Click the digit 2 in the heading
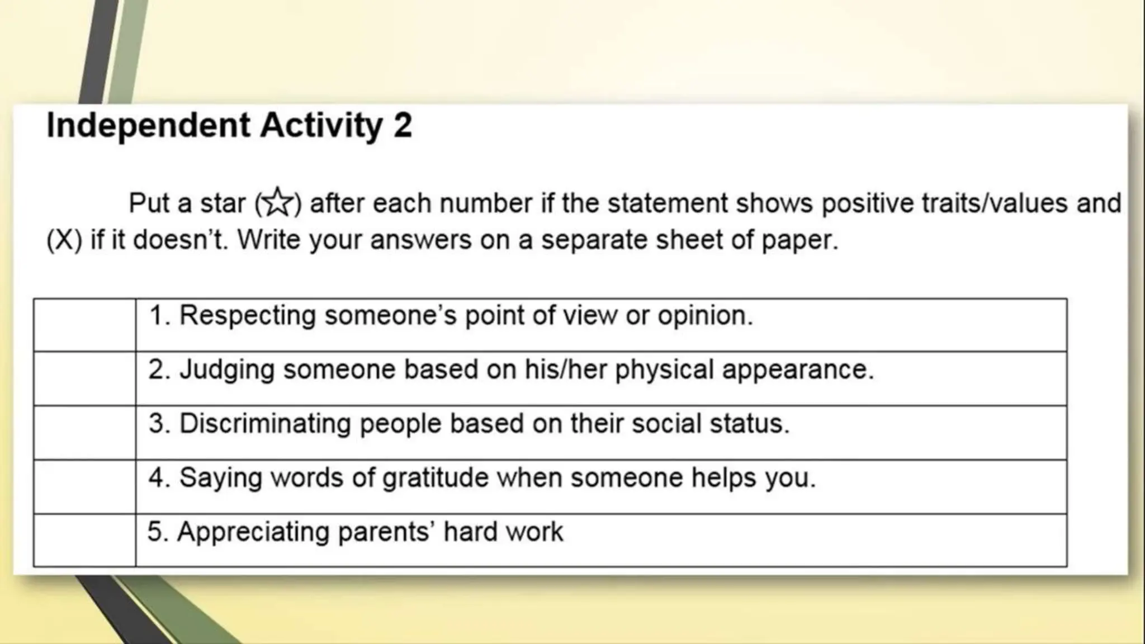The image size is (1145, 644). point(403,125)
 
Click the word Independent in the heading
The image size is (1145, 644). point(148,125)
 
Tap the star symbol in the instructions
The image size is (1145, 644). point(278,202)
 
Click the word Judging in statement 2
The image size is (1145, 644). point(226,370)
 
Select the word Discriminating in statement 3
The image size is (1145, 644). point(265,424)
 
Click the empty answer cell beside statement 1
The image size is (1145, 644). point(84,325)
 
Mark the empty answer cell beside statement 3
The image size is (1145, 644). point(84,433)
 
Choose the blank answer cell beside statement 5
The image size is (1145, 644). point(84,540)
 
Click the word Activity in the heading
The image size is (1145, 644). point(321,125)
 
